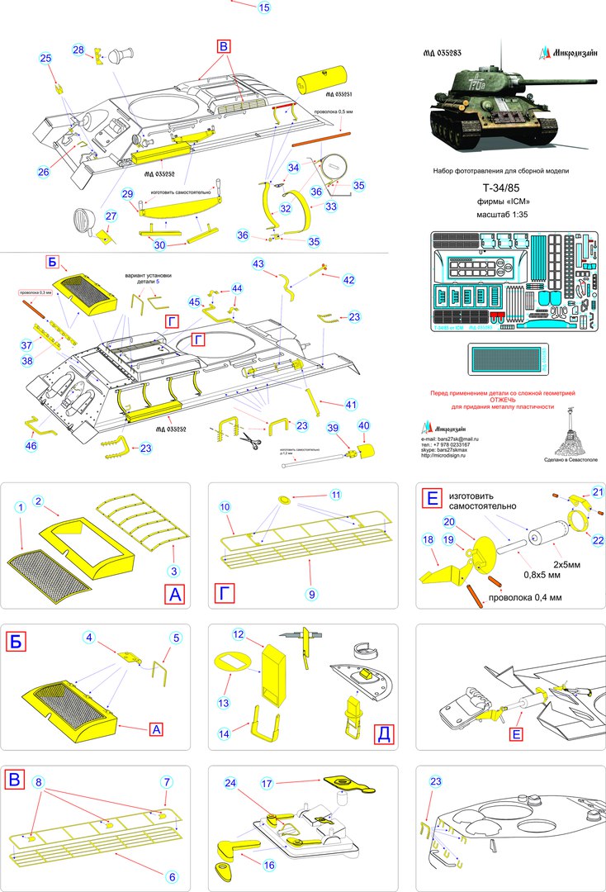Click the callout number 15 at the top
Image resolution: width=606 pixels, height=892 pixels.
pyautogui.click(x=263, y=7)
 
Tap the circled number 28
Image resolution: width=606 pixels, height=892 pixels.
pyautogui.click(x=78, y=50)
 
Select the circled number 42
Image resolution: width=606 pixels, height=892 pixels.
pyautogui.click(x=348, y=280)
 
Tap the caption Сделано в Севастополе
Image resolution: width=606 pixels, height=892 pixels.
pyautogui.click(x=565, y=459)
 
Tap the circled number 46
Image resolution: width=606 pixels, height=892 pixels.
pyautogui.click(x=31, y=446)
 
